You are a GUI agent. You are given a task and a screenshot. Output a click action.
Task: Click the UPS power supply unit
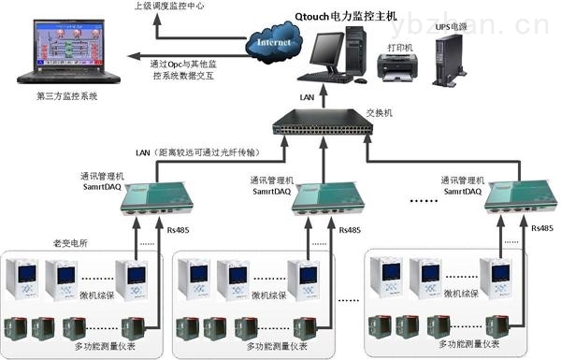[x=452, y=65]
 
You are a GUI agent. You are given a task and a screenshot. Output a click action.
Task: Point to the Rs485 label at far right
[x=541, y=228]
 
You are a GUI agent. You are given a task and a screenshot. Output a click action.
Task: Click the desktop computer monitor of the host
[x=330, y=52]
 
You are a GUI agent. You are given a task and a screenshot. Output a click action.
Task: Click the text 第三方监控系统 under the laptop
[x=66, y=96]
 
